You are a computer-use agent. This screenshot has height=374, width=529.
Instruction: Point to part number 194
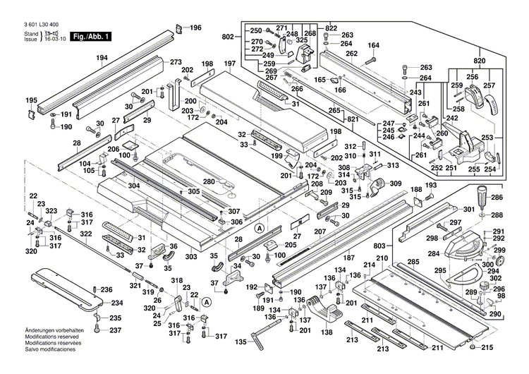(103, 59)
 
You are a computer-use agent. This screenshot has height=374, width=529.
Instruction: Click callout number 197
(229, 64)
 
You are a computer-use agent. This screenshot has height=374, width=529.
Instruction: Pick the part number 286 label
(497, 198)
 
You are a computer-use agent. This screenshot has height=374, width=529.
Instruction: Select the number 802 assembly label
(226, 36)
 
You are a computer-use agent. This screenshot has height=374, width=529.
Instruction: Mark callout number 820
(480, 61)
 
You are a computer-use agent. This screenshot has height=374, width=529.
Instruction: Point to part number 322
(85, 234)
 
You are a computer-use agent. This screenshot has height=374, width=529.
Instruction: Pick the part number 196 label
(195, 28)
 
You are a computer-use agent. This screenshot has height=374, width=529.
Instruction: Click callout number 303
(191, 258)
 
